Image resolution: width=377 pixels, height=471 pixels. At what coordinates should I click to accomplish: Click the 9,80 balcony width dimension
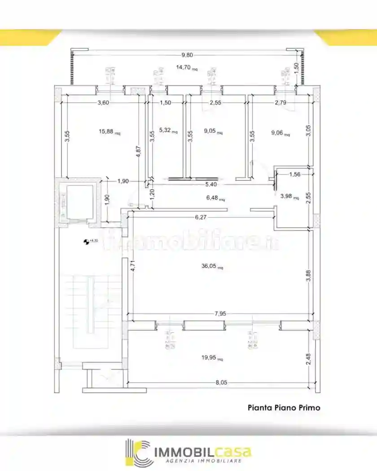[187, 55]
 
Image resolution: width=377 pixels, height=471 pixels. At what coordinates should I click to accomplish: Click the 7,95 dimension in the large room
[220, 314]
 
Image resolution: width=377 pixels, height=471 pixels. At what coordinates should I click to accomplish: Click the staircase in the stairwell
[92, 305]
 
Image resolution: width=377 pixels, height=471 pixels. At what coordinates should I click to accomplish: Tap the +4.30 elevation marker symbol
[86, 242]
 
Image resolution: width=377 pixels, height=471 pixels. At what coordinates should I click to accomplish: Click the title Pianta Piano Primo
[284, 408]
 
